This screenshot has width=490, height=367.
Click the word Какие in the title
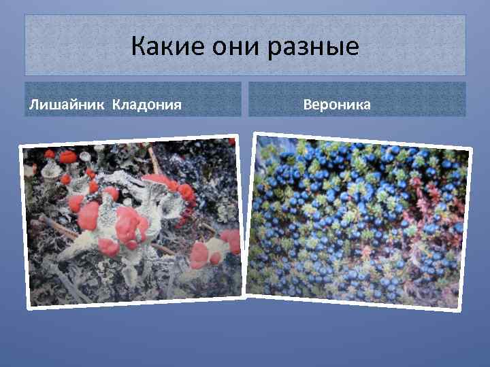[161, 47]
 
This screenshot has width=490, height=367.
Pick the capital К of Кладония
[116, 105]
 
